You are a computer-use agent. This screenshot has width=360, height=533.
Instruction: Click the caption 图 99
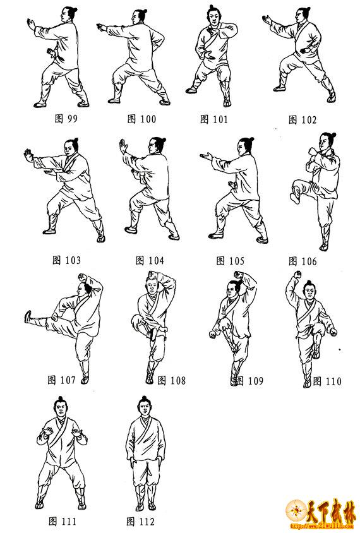tap(66, 118)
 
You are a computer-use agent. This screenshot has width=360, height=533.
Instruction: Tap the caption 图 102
tap(302, 119)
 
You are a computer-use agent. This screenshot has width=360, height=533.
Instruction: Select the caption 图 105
tap(230, 261)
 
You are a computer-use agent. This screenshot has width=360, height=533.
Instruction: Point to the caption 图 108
tap(172, 380)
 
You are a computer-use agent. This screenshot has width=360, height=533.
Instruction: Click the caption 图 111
tap(63, 521)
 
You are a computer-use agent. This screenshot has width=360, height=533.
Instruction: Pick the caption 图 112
tap(140, 521)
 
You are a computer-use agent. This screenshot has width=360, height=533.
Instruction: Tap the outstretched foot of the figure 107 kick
tap(28, 316)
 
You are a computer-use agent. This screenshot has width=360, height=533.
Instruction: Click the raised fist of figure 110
tap(298, 274)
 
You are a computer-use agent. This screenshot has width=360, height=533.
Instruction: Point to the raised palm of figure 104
tap(123, 146)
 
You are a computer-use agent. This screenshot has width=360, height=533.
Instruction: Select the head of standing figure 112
tap(145, 406)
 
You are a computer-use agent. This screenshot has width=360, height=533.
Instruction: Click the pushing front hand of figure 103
tap(28, 155)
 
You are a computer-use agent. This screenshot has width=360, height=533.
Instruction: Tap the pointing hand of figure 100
tap(101, 27)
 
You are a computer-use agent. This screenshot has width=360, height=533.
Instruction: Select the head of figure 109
tap(232, 290)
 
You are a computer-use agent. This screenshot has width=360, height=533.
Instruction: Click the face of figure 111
tap(60, 409)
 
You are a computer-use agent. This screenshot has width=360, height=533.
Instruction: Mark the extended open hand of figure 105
tap(206, 157)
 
